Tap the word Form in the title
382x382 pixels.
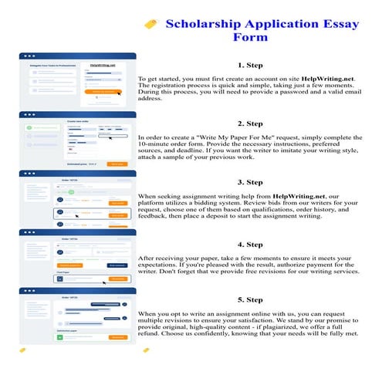pyautogui.click(x=250, y=37)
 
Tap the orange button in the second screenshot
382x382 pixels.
pyautogui.click(x=117, y=164)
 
